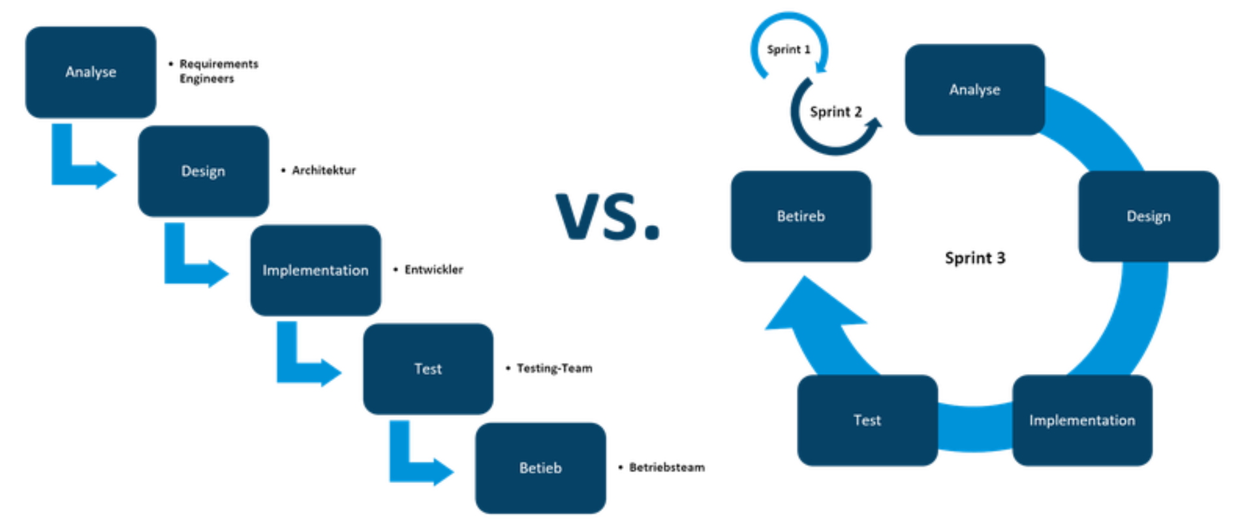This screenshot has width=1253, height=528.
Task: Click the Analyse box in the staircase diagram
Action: [90, 72]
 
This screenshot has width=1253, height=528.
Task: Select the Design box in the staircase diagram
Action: [203, 171]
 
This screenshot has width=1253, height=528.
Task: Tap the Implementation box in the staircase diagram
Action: [315, 270]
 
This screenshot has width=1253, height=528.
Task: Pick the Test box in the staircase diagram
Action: [428, 369]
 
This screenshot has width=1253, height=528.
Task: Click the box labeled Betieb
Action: [540, 468]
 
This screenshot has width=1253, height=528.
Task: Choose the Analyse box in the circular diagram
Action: [974, 89]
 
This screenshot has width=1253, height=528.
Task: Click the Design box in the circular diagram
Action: [1148, 216]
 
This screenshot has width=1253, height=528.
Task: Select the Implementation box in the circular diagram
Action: [1082, 420]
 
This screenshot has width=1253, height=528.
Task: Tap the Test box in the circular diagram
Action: [867, 420]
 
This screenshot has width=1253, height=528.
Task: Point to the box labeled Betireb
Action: [801, 216]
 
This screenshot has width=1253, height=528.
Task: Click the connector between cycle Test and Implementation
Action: [975, 424]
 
